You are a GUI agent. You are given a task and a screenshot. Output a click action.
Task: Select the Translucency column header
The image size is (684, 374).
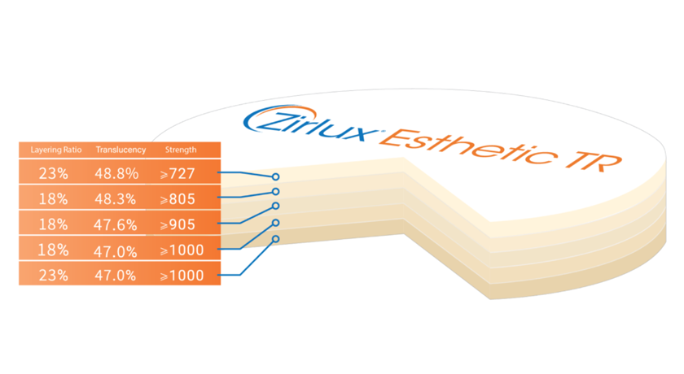coord(121,150)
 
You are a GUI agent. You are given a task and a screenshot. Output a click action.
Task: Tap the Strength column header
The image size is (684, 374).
coord(180,150)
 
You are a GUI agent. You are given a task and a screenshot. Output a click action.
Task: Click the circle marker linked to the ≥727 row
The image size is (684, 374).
coord(276,176)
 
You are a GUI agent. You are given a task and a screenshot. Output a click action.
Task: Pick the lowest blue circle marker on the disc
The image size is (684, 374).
coord(276,239)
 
